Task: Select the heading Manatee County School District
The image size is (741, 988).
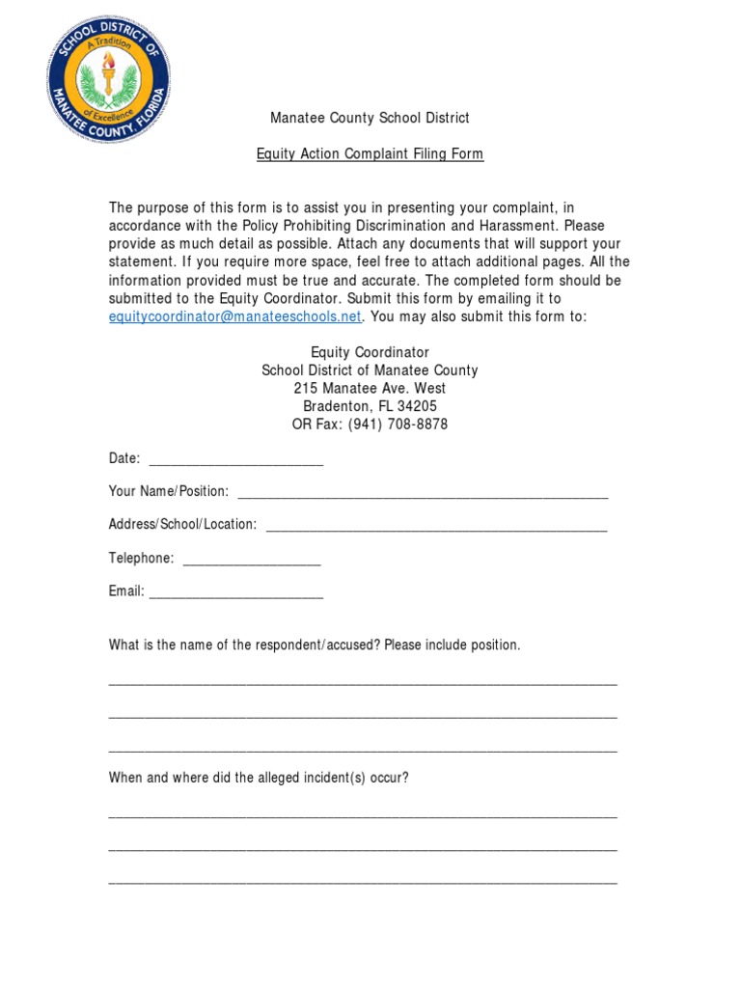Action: [370, 118]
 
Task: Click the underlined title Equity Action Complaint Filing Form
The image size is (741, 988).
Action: [370, 153]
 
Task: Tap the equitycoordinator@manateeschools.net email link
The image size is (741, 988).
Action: [235, 316]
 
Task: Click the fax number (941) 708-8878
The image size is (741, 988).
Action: [393, 425]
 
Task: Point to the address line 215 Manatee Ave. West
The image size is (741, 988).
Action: [370, 389]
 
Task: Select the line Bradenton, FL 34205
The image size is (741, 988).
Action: [370, 406]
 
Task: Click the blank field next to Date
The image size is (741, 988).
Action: [235, 460]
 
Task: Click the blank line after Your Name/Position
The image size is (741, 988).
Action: [423, 493]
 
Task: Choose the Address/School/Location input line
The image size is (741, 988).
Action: [436, 526]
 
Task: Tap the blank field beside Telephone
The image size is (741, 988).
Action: [251, 560]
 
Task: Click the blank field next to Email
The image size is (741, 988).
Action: [235, 593]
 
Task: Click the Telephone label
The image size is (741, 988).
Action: [141, 559]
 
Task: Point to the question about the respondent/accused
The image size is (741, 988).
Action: [315, 645]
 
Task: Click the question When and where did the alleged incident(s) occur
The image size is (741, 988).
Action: [259, 778]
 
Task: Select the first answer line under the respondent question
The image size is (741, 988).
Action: [363, 682]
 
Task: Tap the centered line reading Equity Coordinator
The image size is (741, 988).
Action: [370, 353]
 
